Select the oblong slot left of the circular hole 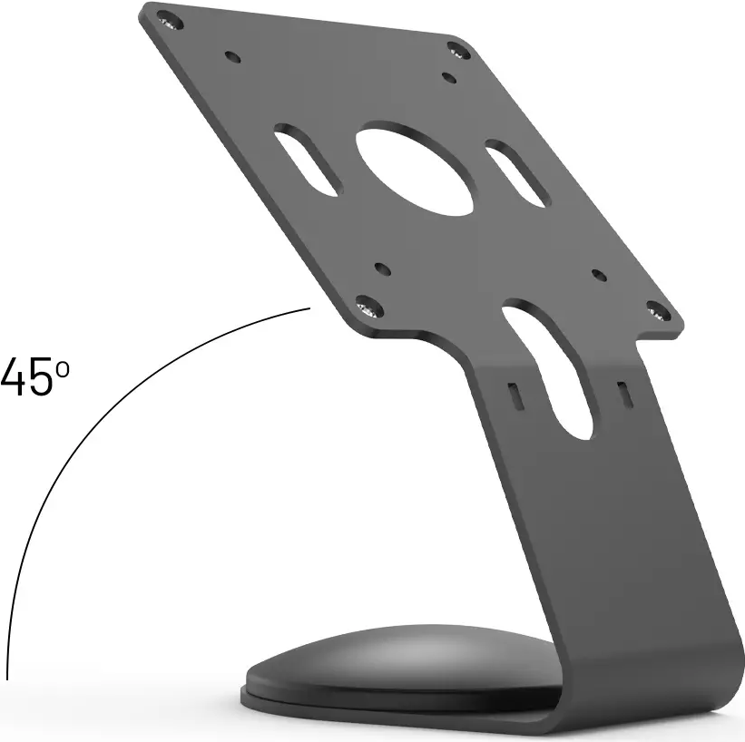tap(309, 159)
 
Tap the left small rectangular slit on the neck tap(515, 395)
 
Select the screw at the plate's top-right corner tap(455, 50)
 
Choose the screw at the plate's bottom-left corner tap(368, 308)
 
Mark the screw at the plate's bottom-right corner tap(659, 314)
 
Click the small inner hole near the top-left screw tap(234, 56)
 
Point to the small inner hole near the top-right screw tap(446, 76)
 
